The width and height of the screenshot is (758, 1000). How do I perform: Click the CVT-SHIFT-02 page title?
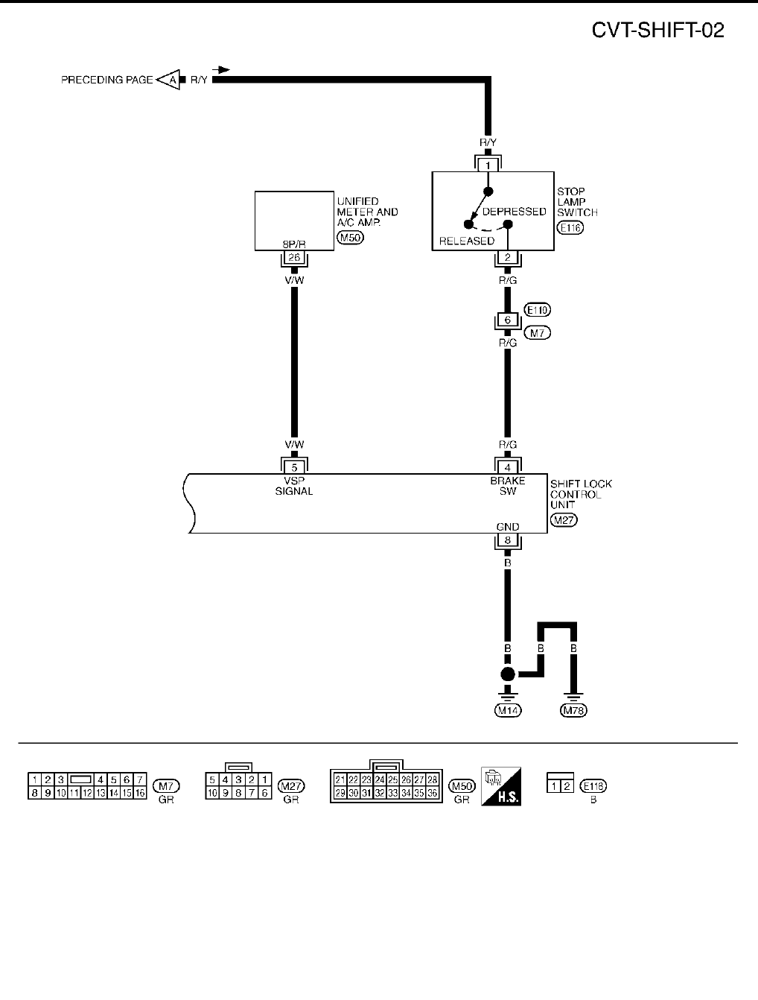pyautogui.click(x=657, y=30)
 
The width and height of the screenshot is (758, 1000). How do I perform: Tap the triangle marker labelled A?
pyautogui.click(x=170, y=80)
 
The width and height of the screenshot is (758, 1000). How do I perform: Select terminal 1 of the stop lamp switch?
pyautogui.click(x=488, y=165)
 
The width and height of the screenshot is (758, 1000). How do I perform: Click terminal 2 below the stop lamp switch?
pyautogui.click(x=507, y=259)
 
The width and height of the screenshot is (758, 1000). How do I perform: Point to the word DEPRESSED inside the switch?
pyautogui.click(x=514, y=212)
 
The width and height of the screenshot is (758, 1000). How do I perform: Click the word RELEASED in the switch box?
pyautogui.click(x=467, y=241)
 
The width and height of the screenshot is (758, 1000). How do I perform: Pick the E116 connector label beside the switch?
pyautogui.click(x=570, y=228)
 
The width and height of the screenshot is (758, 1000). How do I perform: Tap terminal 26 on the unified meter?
pyautogui.click(x=293, y=259)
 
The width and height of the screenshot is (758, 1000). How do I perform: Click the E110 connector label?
pyautogui.click(x=538, y=310)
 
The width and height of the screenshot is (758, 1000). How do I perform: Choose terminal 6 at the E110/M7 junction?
pyautogui.click(x=507, y=320)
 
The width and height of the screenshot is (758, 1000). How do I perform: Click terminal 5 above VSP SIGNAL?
pyautogui.click(x=293, y=468)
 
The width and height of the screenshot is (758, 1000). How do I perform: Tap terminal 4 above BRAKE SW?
pyautogui.click(x=507, y=468)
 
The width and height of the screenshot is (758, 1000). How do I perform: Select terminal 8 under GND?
pyautogui.click(x=507, y=542)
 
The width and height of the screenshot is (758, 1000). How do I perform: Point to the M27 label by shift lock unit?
pyautogui.click(x=564, y=519)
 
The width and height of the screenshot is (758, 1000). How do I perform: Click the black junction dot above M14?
pyautogui.click(x=507, y=674)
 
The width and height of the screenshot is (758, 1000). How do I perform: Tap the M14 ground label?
pyautogui.click(x=508, y=710)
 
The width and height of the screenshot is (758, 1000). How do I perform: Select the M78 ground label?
pyautogui.click(x=573, y=710)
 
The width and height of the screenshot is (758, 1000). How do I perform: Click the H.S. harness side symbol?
pyautogui.click(x=500, y=786)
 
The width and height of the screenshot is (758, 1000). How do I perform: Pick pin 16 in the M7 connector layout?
pyautogui.click(x=139, y=794)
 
